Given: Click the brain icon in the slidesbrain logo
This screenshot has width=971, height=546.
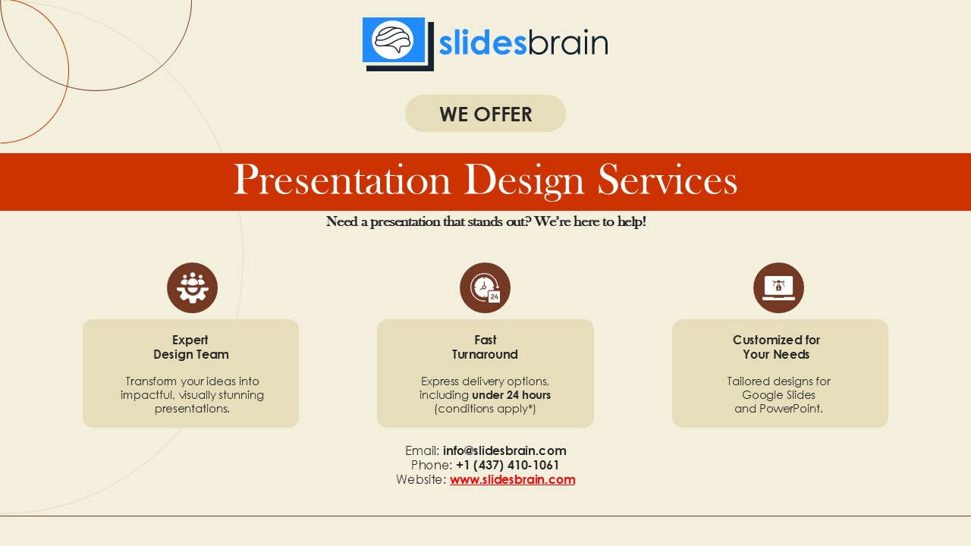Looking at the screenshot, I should (394, 39).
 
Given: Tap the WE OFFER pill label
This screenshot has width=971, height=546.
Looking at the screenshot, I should (485, 114).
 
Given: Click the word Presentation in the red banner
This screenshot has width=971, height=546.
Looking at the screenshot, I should (341, 180).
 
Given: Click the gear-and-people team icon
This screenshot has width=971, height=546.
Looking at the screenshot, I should (192, 288).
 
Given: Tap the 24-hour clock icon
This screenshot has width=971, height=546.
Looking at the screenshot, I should (485, 288).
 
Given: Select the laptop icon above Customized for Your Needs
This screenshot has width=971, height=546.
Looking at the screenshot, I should (778, 288).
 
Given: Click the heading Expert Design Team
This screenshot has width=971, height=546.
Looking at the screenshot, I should (190, 347).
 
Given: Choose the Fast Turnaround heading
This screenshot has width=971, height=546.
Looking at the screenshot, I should (485, 347).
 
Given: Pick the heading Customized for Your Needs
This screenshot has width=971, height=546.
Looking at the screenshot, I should (776, 347).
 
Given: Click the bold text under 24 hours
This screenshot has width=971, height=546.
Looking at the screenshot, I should (511, 395).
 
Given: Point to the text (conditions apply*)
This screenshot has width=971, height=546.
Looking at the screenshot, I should (485, 409).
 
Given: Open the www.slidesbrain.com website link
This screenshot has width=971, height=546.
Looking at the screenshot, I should (512, 479).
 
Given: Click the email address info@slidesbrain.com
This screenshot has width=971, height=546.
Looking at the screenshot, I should (504, 450).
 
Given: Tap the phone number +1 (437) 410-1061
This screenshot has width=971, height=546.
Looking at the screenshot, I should (507, 465).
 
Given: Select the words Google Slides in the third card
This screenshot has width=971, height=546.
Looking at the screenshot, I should (778, 395).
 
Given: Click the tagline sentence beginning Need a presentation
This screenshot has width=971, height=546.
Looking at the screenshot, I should (485, 222).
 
